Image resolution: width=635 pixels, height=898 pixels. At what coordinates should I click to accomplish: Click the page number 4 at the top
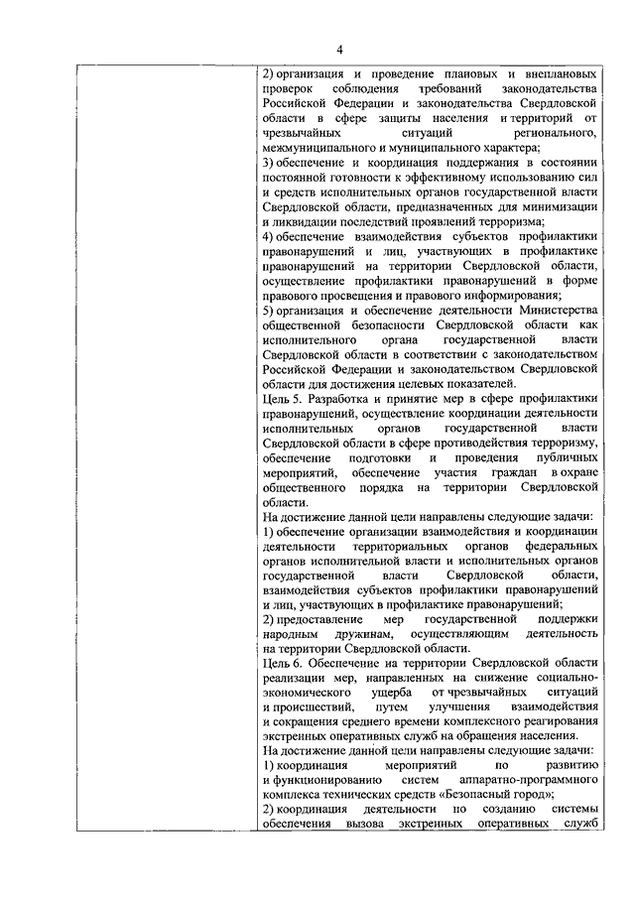pos(337,49)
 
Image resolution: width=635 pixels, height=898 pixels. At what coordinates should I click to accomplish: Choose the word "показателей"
pos(474,383)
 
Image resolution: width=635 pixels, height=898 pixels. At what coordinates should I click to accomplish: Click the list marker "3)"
pos(269,162)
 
